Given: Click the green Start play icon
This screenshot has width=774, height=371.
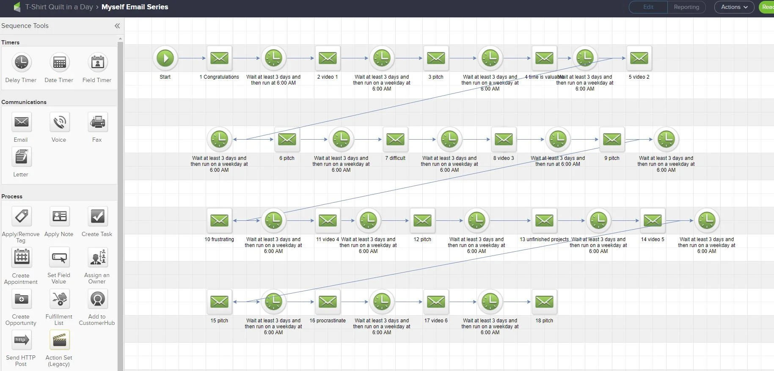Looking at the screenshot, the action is (x=165, y=58).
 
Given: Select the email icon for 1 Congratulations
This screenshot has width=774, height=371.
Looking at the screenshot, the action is (x=219, y=58).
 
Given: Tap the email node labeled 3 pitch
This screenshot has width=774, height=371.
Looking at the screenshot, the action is (x=436, y=58).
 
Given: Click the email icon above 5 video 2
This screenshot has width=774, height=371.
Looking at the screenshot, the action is (x=639, y=58).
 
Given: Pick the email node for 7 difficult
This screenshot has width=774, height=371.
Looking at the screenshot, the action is (x=395, y=139).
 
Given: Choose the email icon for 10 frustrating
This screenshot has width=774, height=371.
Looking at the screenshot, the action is (x=219, y=220).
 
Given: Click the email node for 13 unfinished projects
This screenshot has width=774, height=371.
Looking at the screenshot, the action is (x=544, y=220).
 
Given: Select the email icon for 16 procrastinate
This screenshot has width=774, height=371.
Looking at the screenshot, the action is (x=328, y=302).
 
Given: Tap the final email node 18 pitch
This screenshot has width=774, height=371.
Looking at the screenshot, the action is (x=544, y=302).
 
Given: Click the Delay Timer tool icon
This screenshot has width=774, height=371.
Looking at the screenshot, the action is (x=21, y=63).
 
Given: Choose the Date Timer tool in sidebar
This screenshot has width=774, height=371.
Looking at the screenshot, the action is (x=59, y=63).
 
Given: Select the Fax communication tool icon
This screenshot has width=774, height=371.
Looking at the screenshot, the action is (x=97, y=122).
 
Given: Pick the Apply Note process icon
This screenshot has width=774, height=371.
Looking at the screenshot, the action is (x=59, y=217).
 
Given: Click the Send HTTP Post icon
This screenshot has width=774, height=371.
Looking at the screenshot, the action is (x=21, y=340).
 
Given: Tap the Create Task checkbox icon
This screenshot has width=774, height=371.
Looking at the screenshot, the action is (x=97, y=217).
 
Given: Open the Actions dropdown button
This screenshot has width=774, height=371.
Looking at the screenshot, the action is (x=734, y=7).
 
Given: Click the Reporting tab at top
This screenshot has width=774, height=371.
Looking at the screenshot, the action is (x=686, y=7).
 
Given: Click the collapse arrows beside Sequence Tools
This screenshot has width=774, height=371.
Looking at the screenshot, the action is (x=117, y=26).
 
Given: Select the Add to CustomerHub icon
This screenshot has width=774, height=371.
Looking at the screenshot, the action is (x=97, y=299).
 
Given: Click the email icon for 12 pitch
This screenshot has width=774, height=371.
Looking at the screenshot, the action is (x=422, y=220).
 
